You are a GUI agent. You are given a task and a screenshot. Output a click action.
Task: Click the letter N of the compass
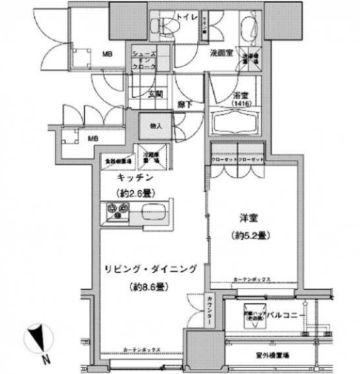[44, 359]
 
